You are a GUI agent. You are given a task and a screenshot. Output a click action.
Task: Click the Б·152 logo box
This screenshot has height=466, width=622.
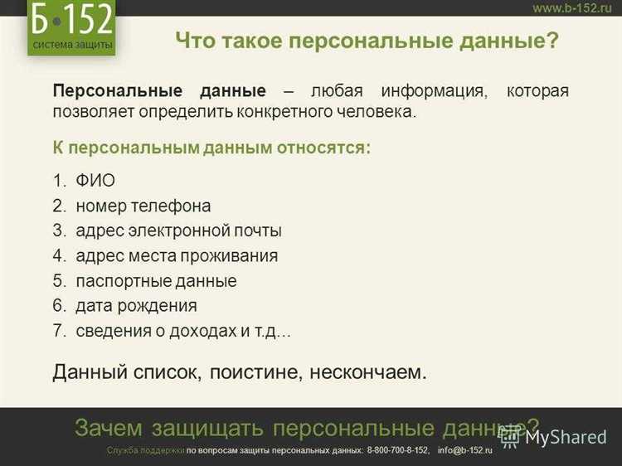[70, 27]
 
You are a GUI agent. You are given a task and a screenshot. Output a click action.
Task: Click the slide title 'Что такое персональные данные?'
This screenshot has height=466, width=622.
[367, 41]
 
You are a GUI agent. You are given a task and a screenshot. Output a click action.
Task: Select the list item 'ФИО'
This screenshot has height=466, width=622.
[95, 181]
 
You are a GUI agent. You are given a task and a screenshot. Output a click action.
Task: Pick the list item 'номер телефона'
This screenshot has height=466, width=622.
[143, 206]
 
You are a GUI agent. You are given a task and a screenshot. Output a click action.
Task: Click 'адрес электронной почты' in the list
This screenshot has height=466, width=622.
[178, 231]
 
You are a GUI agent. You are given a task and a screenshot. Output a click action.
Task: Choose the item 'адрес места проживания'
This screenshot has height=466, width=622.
[177, 255]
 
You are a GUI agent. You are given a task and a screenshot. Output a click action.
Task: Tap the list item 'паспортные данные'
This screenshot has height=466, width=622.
[156, 281]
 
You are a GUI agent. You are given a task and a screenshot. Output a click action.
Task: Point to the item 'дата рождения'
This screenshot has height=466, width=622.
[136, 306]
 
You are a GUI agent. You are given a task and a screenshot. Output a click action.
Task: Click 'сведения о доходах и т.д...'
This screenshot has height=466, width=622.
[183, 331]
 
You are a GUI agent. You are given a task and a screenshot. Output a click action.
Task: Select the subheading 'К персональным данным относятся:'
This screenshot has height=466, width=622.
[211, 148]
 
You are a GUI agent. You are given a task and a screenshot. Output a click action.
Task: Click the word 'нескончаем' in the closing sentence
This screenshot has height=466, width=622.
[368, 371]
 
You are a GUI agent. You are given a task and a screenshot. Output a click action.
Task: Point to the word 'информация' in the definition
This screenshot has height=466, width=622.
[431, 91]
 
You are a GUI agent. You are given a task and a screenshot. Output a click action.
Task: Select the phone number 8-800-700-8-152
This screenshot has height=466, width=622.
[398, 450]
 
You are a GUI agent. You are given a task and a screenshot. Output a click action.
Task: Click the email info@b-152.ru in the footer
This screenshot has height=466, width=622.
[465, 450]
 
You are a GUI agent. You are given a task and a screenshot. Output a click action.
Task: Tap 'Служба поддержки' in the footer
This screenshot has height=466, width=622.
[145, 450]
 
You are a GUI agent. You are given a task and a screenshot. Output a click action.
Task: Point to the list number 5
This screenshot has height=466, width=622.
[58, 281]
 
